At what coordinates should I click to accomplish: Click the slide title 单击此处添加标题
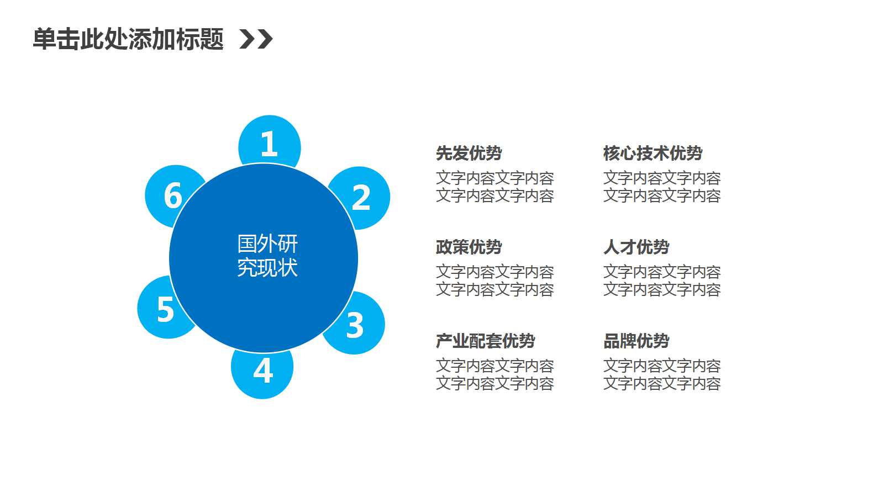[x=128, y=39]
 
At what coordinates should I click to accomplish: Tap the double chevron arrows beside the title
[x=256, y=39]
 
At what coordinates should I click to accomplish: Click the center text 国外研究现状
[x=267, y=255]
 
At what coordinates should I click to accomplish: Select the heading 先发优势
[x=469, y=153]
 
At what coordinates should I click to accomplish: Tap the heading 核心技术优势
[x=653, y=153]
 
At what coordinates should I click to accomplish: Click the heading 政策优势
[x=469, y=247]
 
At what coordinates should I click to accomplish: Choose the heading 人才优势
[x=636, y=247]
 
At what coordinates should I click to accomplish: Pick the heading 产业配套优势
[x=485, y=341]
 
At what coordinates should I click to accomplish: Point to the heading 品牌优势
[x=636, y=341]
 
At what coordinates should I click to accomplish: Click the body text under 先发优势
[x=494, y=187]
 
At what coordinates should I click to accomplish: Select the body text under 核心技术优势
[x=662, y=187]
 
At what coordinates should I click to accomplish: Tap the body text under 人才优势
[x=662, y=281]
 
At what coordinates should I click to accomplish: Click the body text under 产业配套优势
[x=494, y=374]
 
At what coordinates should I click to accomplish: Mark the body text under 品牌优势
[x=662, y=374]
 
